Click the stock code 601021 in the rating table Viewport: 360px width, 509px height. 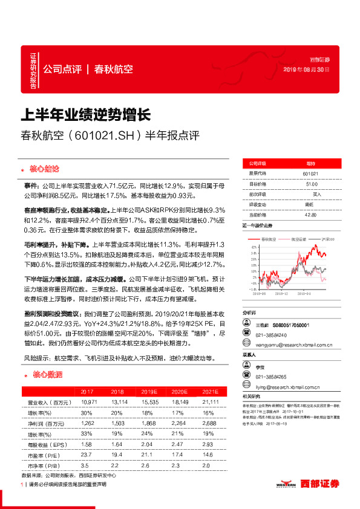click(311, 173)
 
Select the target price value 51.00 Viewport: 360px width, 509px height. click(311, 184)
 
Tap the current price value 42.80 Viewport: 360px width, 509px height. click(311, 215)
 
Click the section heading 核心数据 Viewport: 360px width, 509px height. click(47, 375)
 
